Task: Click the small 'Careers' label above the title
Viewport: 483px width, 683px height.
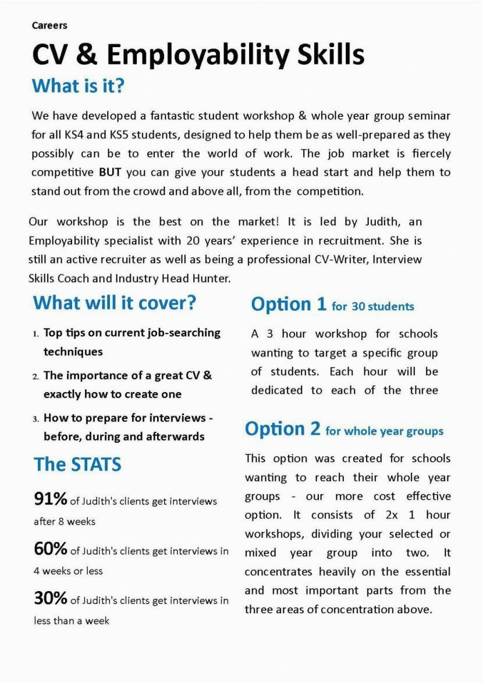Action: click(x=49, y=26)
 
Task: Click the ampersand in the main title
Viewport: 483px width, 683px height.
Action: click(x=86, y=55)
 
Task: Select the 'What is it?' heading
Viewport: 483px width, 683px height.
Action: click(x=78, y=86)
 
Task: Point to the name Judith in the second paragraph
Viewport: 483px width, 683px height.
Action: click(x=381, y=222)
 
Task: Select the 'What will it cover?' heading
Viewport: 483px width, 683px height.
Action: click(x=114, y=303)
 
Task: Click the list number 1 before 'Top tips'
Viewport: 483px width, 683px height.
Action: click(x=35, y=334)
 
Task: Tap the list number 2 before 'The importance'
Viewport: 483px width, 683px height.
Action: click(x=35, y=376)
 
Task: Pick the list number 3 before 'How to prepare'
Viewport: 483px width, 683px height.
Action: click(x=35, y=419)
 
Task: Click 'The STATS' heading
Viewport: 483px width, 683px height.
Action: click(x=77, y=465)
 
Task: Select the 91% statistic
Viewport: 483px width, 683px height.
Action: click(x=51, y=499)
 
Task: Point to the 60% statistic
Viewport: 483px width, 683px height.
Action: click(x=51, y=549)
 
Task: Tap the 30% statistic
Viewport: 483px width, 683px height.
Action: click(x=51, y=599)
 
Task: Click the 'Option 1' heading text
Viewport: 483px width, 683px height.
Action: click(x=289, y=305)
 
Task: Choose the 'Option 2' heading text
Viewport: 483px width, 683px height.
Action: click(x=283, y=429)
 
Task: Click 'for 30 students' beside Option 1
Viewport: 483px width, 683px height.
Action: click(x=373, y=307)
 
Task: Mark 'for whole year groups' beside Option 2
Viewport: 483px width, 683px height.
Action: click(x=385, y=431)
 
